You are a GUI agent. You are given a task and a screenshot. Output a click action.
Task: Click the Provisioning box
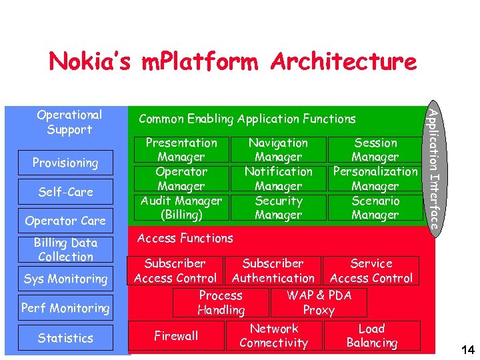65,163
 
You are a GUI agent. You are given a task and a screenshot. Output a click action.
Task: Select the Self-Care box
65,192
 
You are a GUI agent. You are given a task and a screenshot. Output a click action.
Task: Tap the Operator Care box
65,221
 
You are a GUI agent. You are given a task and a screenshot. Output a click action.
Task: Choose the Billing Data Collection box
65,249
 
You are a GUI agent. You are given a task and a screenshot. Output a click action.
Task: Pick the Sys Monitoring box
65,279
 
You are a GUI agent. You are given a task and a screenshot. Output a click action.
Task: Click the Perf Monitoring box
65,308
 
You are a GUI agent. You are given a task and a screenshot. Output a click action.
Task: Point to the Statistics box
65,338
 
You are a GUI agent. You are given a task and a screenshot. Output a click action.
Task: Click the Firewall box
176,336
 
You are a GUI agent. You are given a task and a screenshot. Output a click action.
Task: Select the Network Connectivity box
274,336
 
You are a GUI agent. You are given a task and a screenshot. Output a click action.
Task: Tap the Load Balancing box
371,336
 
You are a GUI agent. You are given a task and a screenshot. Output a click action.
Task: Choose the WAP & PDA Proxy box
319,303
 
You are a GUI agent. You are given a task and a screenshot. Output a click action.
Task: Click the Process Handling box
221,303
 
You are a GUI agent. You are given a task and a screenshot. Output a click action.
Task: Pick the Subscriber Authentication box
273,271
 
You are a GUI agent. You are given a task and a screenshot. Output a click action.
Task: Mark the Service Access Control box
371,271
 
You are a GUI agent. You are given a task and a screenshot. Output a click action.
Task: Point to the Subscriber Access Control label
175,271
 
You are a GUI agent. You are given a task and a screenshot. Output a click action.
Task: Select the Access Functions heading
185,238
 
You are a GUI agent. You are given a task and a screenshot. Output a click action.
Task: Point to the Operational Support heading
69,122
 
